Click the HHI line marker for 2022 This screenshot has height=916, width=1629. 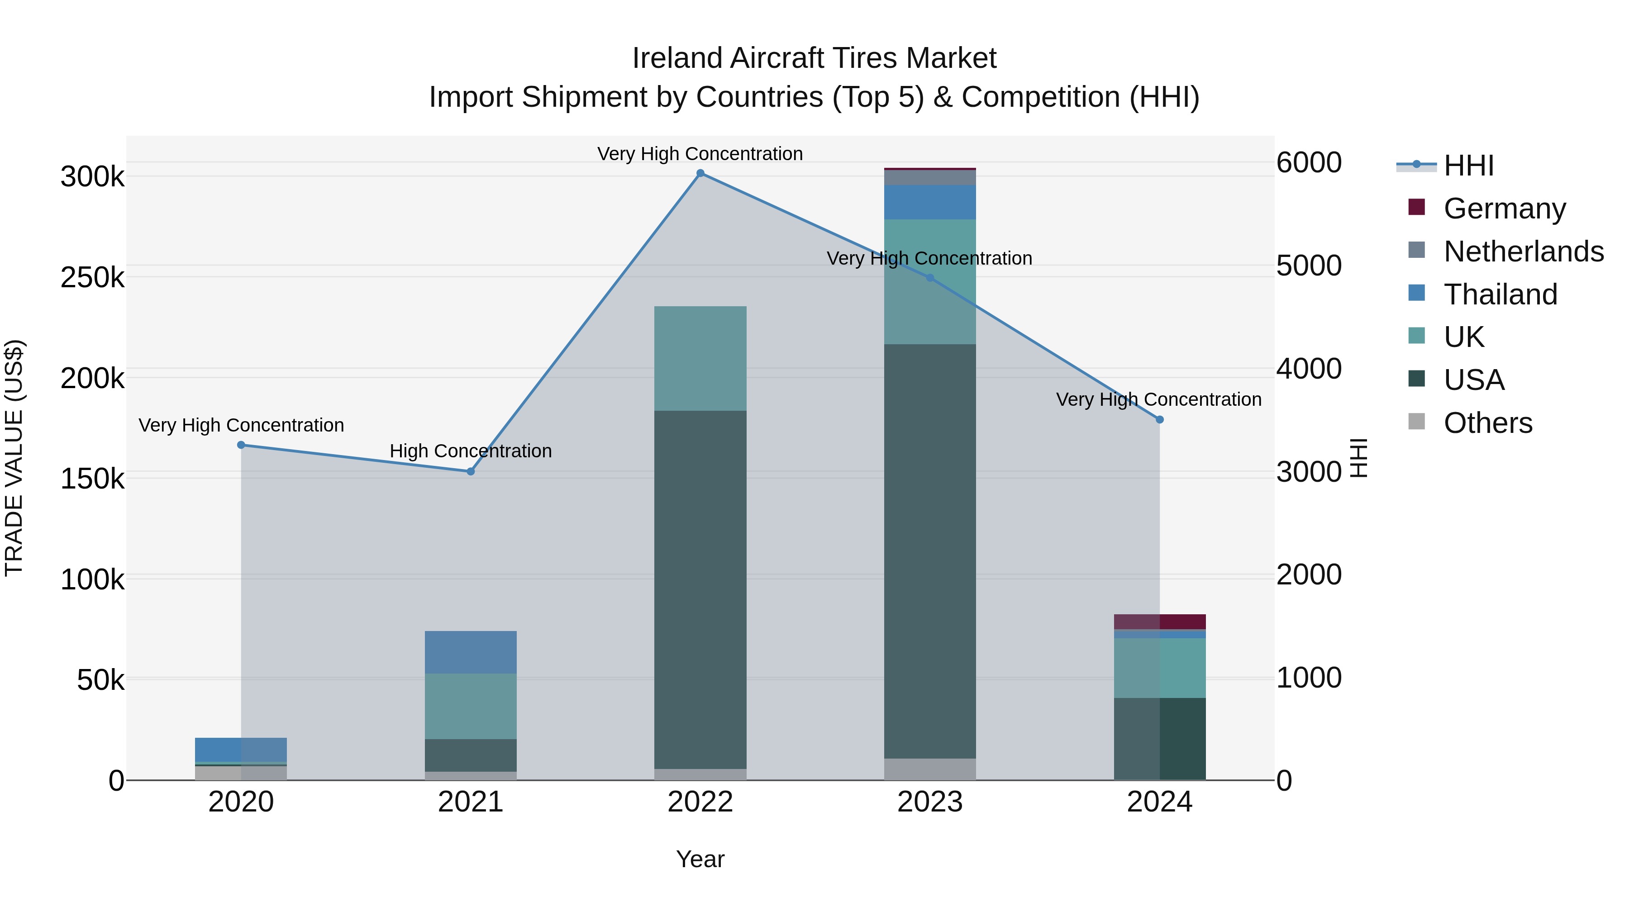pos(700,173)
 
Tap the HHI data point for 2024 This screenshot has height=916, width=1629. pos(1159,420)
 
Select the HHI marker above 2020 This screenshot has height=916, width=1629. pos(241,445)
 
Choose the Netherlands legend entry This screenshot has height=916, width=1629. pos(1523,252)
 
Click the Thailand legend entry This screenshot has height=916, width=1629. pos(1500,294)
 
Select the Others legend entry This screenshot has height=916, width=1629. pos(1487,423)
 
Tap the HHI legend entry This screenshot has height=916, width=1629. pos(1468,166)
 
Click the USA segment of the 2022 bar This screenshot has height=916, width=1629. pos(700,588)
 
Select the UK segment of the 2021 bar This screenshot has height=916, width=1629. pos(471,706)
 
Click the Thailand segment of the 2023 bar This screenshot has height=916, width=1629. pos(929,202)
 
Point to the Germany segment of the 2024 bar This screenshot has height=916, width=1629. pos(1159,622)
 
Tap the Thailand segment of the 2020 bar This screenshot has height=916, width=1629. pos(241,749)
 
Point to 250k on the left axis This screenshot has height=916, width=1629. pos(92,278)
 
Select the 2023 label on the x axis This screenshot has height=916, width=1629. pos(929,802)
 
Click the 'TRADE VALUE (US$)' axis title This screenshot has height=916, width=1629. pos(14,458)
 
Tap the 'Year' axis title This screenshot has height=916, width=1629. pos(700,859)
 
